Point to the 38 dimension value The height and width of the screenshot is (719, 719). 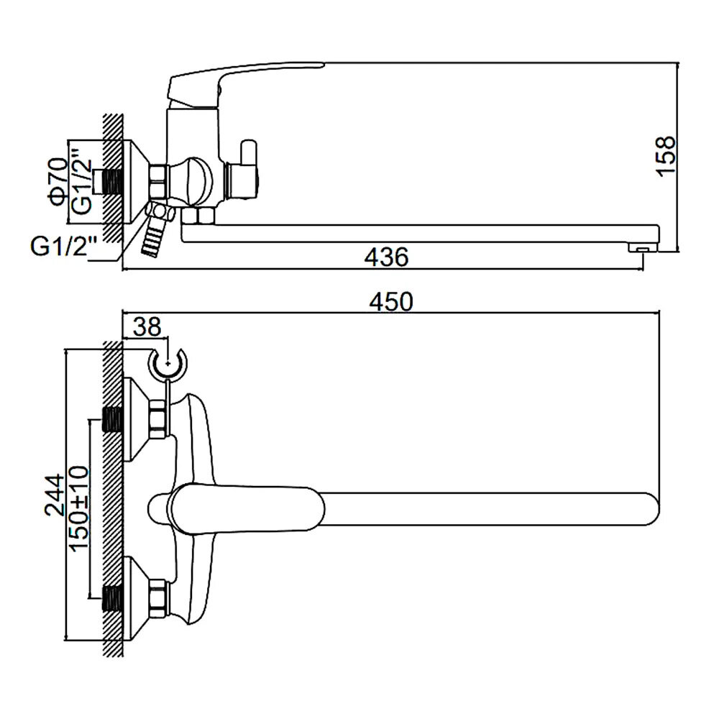pos(147,328)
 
